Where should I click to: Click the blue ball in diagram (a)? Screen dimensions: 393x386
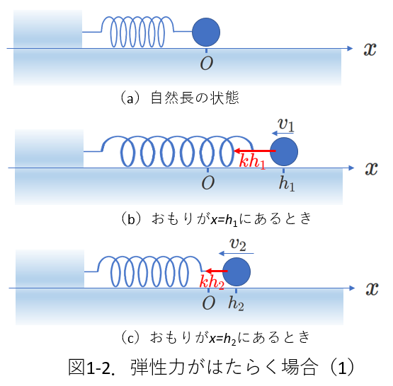[x=206, y=33]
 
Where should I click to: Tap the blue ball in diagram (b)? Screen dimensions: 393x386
[x=284, y=151]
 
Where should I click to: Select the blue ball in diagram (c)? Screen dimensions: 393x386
[x=237, y=272]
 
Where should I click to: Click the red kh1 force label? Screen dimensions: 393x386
[x=252, y=161]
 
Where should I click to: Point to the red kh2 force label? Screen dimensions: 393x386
[x=212, y=282]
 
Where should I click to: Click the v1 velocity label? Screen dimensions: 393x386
[x=286, y=124]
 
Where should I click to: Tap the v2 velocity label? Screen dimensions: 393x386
[x=238, y=244]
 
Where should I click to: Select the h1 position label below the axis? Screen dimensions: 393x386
[x=287, y=183]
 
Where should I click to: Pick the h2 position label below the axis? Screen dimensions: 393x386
[x=236, y=303]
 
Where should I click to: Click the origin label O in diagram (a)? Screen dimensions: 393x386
[x=207, y=63]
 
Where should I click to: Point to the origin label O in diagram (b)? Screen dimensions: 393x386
[x=207, y=182]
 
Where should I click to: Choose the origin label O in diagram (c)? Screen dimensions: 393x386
[x=208, y=303]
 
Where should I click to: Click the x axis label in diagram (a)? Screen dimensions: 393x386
[x=370, y=49]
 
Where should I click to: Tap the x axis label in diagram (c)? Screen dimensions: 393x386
[x=372, y=289]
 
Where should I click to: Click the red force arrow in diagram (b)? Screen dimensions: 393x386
[x=255, y=151]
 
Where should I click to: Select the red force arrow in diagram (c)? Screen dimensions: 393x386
[x=217, y=271]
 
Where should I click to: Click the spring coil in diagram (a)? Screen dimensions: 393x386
[x=137, y=32]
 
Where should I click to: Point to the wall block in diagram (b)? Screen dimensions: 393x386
[x=49, y=148]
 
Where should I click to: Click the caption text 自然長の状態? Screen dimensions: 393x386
[x=195, y=98]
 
